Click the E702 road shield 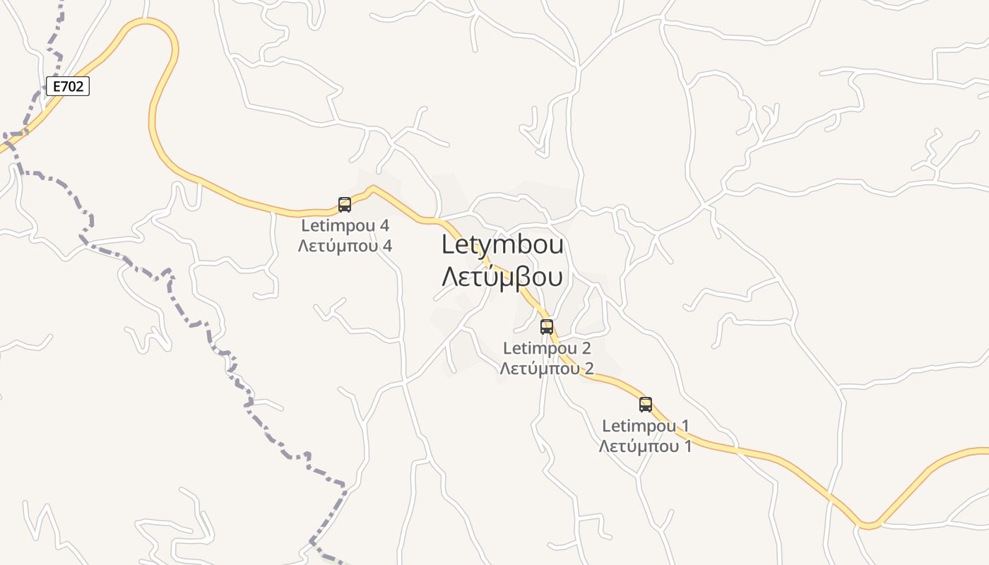[68, 86]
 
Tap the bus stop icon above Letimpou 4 [345, 205]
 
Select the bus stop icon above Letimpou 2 [547, 327]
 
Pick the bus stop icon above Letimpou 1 [646, 405]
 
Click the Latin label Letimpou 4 [345, 226]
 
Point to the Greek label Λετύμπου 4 [345, 246]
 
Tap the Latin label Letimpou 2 [547, 348]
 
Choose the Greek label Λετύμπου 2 [547, 369]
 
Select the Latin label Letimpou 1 [646, 426]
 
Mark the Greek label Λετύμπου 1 [646, 446]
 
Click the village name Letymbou [502, 244]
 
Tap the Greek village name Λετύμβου [502, 277]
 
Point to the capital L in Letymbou [448, 244]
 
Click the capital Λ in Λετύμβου [449, 277]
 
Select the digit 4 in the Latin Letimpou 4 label [385, 226]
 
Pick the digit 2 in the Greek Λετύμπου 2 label [588, 369]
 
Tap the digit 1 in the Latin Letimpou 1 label [685, 426]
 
